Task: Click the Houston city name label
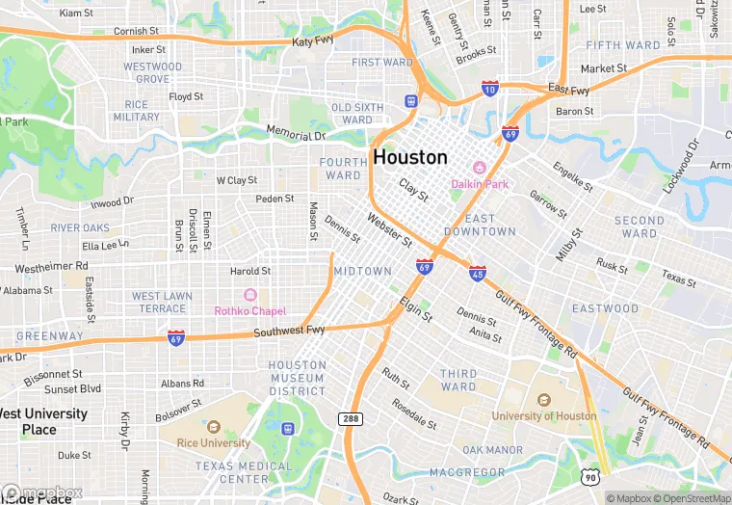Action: pos(410,157)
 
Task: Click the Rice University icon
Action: pos(213,426)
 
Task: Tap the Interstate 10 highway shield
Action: pos(490,88)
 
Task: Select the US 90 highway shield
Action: pos(590,476)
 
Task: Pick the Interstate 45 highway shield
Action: pos(478,274)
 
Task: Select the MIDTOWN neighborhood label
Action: pos(363,272)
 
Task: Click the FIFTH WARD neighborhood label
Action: pos(623,45)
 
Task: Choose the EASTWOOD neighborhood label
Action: pos(605,308)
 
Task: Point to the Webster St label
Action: pos(389,231)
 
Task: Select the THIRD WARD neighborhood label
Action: pos(458,380)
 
